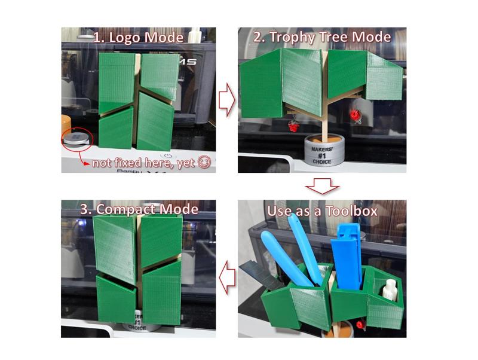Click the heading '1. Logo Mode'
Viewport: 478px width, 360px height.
139,37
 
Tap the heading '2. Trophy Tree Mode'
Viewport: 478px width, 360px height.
322,37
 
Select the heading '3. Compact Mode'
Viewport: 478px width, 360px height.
139,209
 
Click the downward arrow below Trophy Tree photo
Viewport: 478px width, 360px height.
322,187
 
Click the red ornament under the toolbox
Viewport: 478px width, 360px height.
360,325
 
